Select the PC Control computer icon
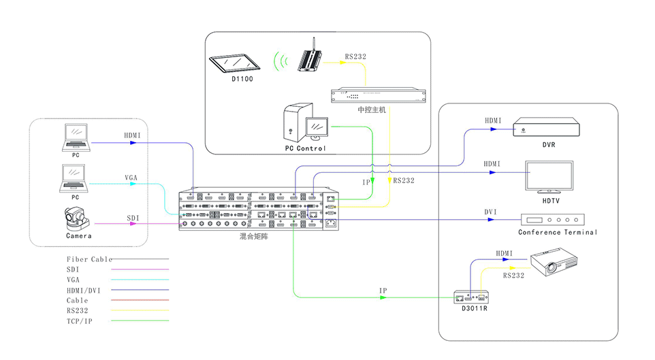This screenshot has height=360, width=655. click(306, 123)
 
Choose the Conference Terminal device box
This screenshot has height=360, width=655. click(552, 220)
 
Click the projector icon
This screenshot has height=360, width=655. click(555, 263)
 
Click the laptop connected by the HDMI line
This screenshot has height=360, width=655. click(76, 137)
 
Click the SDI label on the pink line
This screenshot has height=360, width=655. click(133, 218)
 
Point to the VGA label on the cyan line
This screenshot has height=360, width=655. click(131, 178)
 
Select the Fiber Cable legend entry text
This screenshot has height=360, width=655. click(89, 259)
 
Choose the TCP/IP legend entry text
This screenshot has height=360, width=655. click(80, 320)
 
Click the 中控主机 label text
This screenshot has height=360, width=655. click(372, 109)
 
